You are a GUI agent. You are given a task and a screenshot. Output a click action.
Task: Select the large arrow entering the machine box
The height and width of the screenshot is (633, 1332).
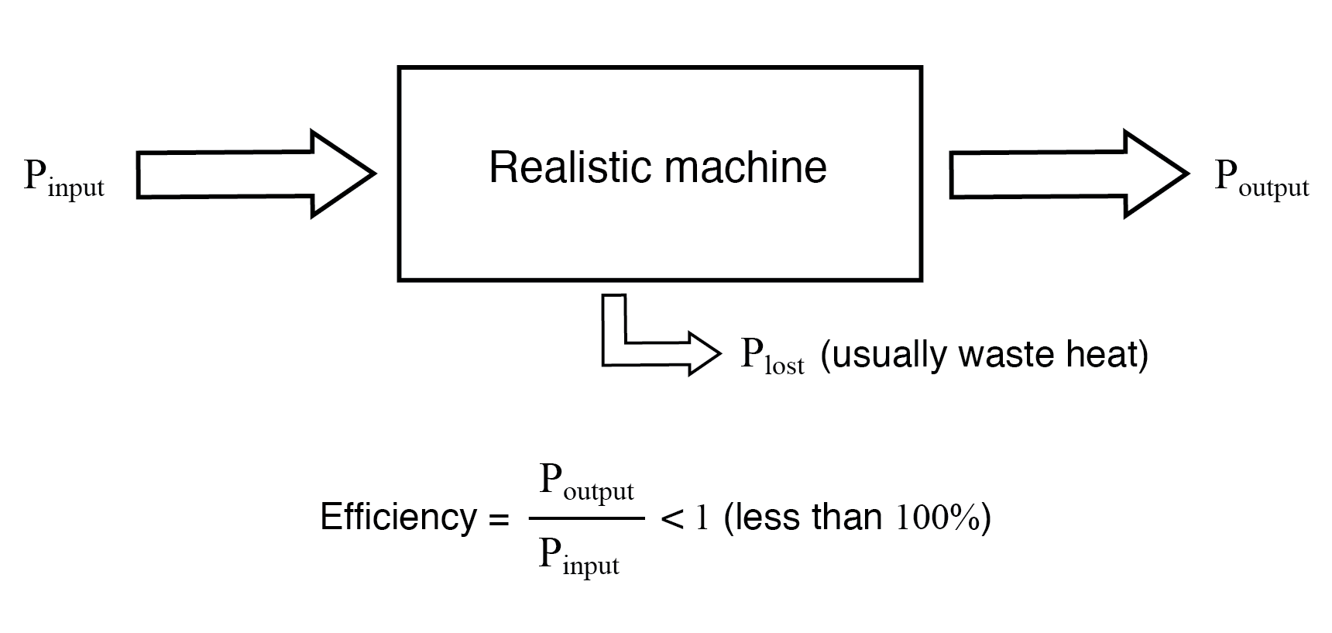pos(256,174)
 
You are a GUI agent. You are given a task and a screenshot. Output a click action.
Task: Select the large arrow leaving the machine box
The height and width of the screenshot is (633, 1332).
pos(1069,174)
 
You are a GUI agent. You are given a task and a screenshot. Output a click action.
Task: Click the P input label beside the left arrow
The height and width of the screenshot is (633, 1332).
pos(64,179)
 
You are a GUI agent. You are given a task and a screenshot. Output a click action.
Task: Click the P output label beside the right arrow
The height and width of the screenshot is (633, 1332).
pos(1261,179)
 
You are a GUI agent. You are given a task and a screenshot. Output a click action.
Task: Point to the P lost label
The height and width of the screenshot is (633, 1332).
pos(772,356)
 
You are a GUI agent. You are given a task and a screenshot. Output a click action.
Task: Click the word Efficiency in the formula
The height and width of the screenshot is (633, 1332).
pos(399,517)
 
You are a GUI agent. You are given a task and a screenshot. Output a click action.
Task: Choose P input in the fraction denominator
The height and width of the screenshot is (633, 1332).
pos(579,557)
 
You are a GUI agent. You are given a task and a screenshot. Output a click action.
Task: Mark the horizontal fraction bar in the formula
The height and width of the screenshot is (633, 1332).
pos(586,518)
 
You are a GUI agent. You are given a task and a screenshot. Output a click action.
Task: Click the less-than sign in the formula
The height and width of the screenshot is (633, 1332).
pos(671,518)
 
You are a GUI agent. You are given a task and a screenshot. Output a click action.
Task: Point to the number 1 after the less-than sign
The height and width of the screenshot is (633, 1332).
pos(702,518)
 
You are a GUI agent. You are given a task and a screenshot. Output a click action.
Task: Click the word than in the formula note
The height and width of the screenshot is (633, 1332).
pos(850,517)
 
